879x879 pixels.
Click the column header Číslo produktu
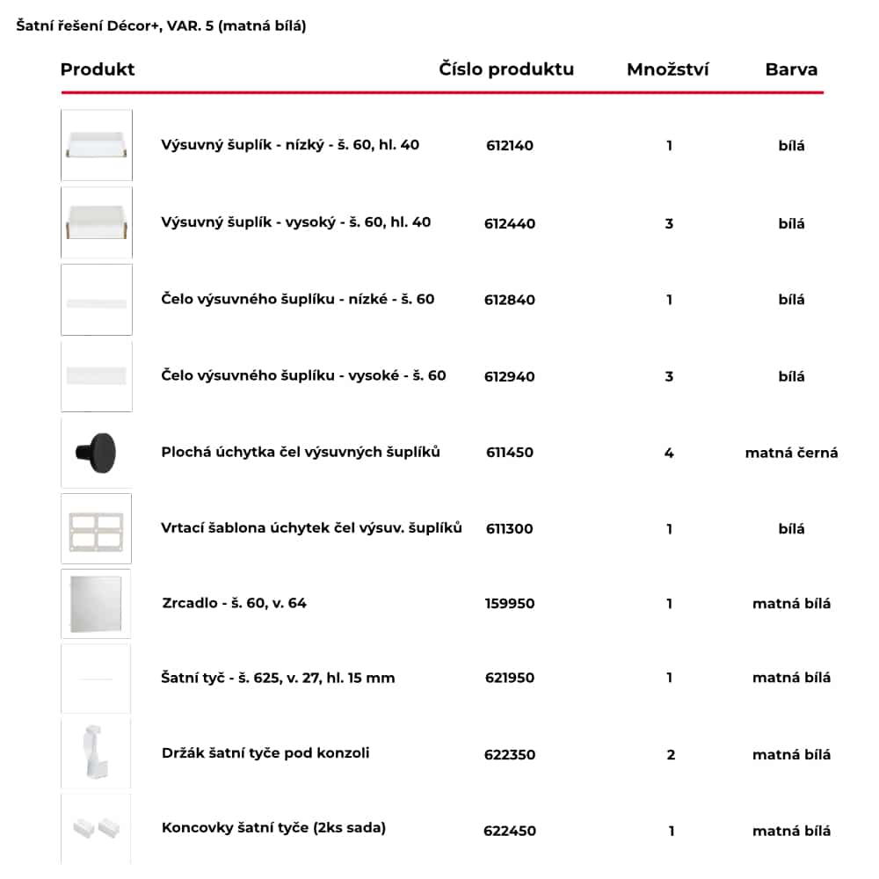point(506,69)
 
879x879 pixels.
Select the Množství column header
point(668,69)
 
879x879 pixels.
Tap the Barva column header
point(791,69)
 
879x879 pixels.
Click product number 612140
point(510,146)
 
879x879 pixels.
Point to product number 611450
point(510,453)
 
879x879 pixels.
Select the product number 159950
point(510,604)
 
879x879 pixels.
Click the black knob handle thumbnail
point(97,453)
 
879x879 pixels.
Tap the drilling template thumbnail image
point(97,528)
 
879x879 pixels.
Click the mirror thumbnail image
point(97,604)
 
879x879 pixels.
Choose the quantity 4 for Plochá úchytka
point(669,454)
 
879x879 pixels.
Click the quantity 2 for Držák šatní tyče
point(671,755)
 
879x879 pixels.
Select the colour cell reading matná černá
point(791,454)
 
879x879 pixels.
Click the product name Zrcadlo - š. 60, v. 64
point(235,603)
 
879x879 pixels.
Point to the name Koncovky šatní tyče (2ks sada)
point(273,827)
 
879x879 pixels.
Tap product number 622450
point(510,831)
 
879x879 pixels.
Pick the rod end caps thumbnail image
point(96,828)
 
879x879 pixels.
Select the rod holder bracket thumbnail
point(96,753)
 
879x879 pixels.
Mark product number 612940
point(510,377)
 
